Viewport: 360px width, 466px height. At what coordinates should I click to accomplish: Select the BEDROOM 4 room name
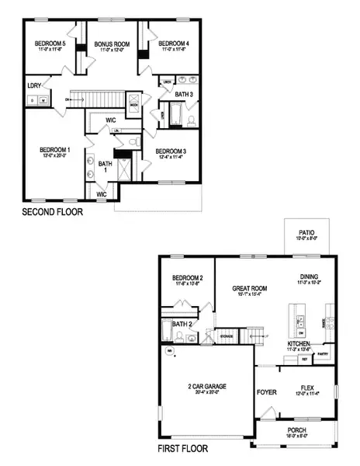pos(174,44)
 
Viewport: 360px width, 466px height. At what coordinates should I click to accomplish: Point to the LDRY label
pos(34,85)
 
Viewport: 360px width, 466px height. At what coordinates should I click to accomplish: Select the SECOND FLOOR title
pos(51,211)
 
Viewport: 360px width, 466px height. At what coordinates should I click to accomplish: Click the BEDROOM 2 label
pos(187,277)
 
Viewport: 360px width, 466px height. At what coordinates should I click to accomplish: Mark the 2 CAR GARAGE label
pos(206,386)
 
